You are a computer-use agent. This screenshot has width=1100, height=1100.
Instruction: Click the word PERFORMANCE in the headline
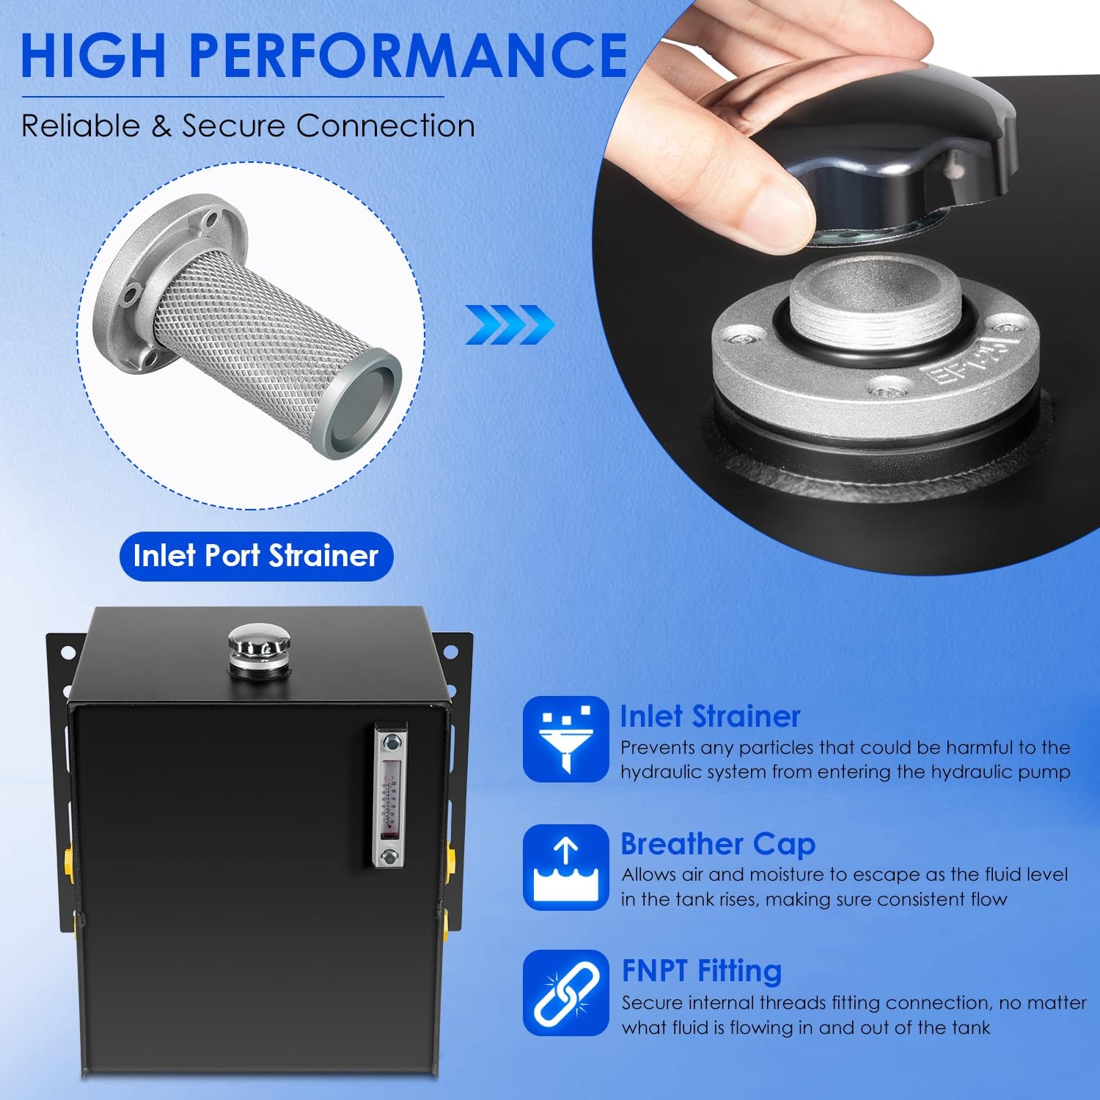pos(408,55)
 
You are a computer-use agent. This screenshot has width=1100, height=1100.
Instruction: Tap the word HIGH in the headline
pos(95,55)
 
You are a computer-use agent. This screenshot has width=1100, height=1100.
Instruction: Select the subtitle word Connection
pos(386,126)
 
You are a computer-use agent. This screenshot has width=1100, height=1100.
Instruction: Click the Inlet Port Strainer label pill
pos(257,556)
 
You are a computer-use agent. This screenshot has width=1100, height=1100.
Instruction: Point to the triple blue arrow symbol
pos(510,325)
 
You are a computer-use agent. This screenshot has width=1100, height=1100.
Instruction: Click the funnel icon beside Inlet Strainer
pos(565,739)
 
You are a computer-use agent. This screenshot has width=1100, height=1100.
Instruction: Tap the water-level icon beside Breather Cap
pos(565,868)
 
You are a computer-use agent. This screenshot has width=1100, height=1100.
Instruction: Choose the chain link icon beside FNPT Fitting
pos(565,993)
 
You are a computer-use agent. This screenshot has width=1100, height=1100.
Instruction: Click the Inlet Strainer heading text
pos(710,716)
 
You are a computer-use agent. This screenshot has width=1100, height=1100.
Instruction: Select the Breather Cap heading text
pos(718,844)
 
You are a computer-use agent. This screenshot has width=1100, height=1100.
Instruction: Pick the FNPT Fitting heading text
pos(702,971)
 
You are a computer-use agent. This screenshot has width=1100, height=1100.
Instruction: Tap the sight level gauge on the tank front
pos(389,795)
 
